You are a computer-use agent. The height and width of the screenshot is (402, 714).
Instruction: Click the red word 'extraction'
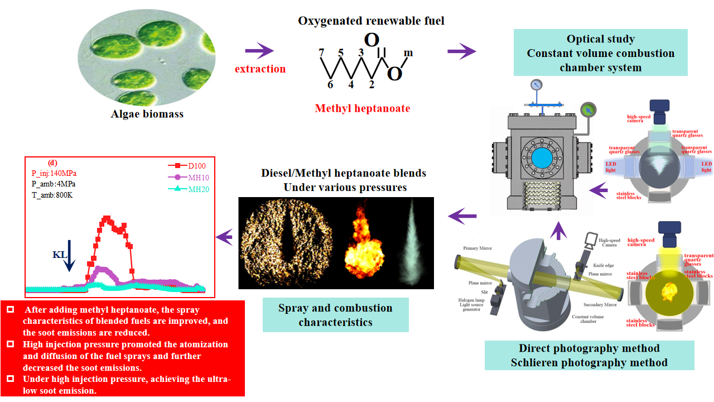260,69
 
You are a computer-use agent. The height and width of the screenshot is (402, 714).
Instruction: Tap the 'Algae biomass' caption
148,114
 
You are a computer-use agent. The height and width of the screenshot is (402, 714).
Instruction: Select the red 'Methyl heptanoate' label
363,108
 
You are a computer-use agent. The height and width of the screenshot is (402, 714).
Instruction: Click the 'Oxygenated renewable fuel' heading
371,21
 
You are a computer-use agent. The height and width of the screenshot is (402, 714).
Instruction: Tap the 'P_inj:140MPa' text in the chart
54,173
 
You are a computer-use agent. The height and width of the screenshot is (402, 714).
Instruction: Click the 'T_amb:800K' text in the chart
53,195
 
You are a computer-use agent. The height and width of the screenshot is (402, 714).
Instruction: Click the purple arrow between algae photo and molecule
259,51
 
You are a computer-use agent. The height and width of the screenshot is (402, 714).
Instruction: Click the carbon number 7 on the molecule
321,52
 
